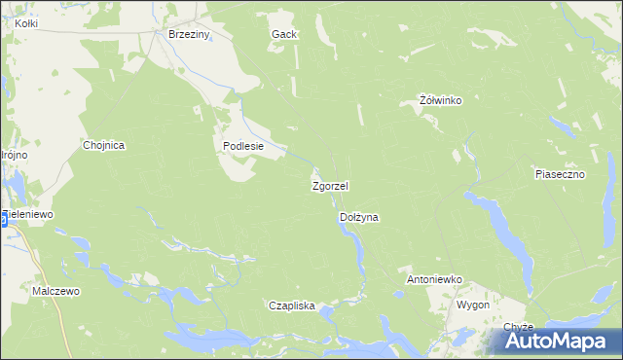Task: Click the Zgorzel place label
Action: coord(330,185)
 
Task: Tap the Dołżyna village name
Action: coord(357,218)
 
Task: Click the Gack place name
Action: coord(284,34)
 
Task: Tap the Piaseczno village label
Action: coord(559,174)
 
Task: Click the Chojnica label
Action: coord(105,145)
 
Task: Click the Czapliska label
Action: coord(292,306)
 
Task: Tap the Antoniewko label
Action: coord(432,279)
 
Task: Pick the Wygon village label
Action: coord(472,305)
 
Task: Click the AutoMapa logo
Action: coord(559,342)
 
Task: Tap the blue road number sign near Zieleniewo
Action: coord(3,220)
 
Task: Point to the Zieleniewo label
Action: coord(29,213)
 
